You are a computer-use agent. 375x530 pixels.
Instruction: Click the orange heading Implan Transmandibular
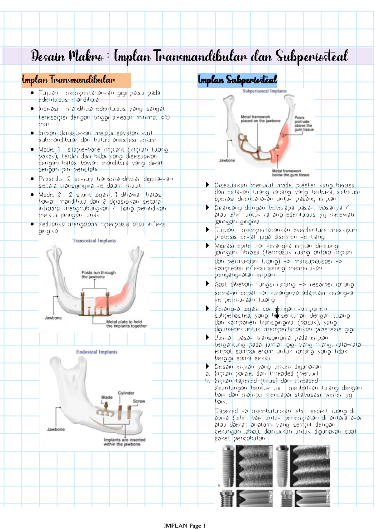pyautogui.click(x=68, y=80)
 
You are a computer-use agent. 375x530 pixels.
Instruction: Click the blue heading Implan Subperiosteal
pyautogui.click(x=237, y=80)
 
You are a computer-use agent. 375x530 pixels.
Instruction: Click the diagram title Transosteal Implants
pyautogui.click(x=94, y=241)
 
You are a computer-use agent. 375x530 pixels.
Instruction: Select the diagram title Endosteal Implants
pyautogui.click(x=97, y=352)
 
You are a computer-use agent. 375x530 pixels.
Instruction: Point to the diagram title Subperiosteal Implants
pyautogui.click(x=264, y=91)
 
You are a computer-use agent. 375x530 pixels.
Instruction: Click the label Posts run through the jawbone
pyautogui.click(x=98, y=275)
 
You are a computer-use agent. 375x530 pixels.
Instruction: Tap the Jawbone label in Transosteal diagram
pyautogui.click(x=53, y=318)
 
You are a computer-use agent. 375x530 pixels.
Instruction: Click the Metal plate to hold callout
pyautogui.click(x=126, y=324)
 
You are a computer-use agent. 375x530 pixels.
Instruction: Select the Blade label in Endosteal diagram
pyautogui.click(x=107, y=397)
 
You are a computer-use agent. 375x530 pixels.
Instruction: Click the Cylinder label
pyautogui.click(x=126, y=393)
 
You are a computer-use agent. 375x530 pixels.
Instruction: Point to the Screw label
pyautogui.click(x=139, y=401)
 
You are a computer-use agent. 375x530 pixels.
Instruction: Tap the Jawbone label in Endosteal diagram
pyautogui.click(x=56, y=429)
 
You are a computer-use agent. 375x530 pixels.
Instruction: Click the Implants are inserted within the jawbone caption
pyautogui.click(x=124, y=442)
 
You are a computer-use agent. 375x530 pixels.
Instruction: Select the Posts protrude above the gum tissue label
pyautogui.click(x=303, y=124)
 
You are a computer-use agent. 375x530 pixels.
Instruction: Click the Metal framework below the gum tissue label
pyautogui.click(x=290, y=173)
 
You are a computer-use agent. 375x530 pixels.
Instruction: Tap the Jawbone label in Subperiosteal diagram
pyautogui.click(x=227, y=160)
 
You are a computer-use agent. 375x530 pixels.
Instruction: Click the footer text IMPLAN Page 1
pyautogui.click(x=184, y=526)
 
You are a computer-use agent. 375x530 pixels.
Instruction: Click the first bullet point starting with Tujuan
pyautogui.click(x=99, y=96)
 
